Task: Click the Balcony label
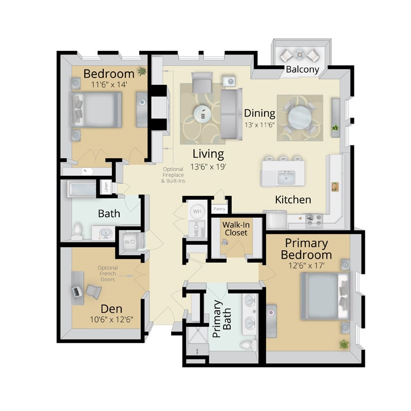tap(302, 69)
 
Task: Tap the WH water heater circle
tap(197, 211)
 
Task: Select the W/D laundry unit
tap(130, 241)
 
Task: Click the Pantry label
tap(219, 209)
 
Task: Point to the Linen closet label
tap(106, 187)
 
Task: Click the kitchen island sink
tap(286, 177)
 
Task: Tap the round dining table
tap(300, 117)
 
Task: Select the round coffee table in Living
tap(202, 114)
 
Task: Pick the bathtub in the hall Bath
tap(82, 189)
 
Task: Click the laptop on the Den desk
tap(76, 292)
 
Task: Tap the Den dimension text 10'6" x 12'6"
tap(111, 320)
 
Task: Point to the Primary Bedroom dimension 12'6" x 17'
tap(306, 266)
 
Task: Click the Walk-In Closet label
tap(236, 229)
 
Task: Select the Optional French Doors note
tap(108, 273)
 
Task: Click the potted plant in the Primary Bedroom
tap(344, 344)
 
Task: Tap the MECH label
tap(196, 229)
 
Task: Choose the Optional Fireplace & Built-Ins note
tap(173, 175)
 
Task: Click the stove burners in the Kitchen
tap(314, 220)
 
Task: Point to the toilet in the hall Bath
tap(77, 231)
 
